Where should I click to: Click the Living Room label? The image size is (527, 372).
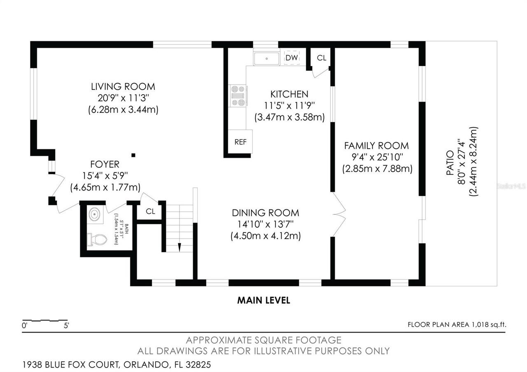pos(123,87)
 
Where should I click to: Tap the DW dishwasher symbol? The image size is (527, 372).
pos(292,58)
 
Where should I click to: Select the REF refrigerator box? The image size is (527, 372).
pos(240,142)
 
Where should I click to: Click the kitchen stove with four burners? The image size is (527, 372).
pos(238,95)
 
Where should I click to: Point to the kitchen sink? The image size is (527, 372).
pos(267,58)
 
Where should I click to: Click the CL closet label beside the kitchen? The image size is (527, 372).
pos(322,58)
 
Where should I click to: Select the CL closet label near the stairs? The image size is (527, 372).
pos(151,212)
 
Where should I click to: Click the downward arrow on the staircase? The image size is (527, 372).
pos(180,247)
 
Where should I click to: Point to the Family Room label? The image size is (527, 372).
pos(376,146)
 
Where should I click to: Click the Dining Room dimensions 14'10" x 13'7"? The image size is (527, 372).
pos(265,225)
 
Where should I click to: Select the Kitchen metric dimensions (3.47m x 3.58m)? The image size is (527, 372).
pos(289,117)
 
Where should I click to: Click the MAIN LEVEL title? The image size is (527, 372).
pos(263,300)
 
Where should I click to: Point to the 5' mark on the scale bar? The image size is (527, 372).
pos(66,325)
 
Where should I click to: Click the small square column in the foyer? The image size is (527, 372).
pos(133,155)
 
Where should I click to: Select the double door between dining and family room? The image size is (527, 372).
pos(339,214)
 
